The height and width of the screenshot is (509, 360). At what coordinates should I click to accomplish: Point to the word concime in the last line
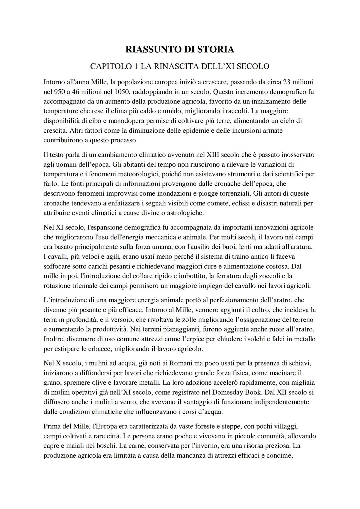(x=280, y=455)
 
